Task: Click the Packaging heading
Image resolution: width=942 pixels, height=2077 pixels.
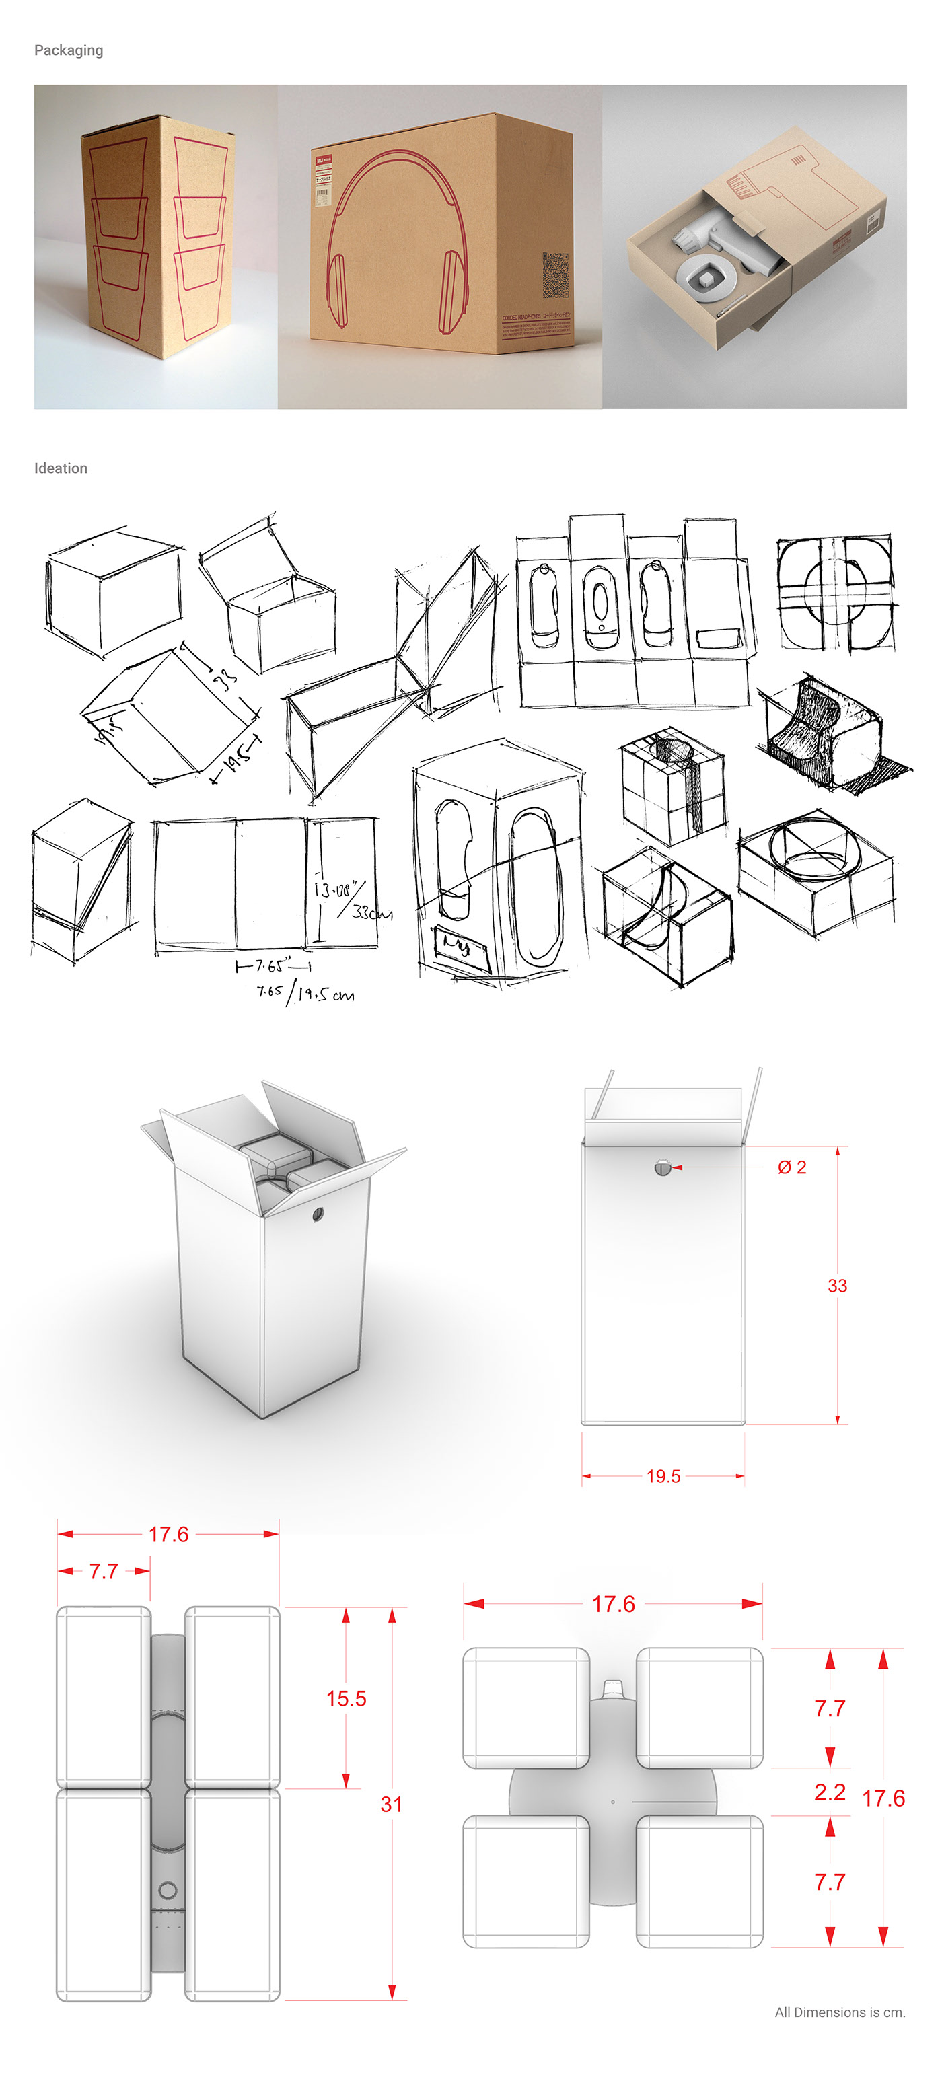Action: pyautogui.click(x=69, y=50)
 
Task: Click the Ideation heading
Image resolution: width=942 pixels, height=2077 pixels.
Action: pyautogui.click(x=61, y=468)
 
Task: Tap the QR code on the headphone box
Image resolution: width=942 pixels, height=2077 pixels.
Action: pyautogui.click(x=555, y=274)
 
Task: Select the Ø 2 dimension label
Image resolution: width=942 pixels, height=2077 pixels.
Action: pyautogui.click(x=791, y=1167)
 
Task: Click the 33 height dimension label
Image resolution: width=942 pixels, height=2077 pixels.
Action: pyautogui.click(x=836, y=1285)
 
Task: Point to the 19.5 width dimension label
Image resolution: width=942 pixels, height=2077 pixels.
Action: pyautogui.click(x=663, y=1475)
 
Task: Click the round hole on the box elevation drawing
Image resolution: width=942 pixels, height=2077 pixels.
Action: pyautogui.click(x=662, y=1167)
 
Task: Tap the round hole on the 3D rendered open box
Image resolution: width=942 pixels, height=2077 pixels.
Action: pyautogui.click(x=317, y=1214)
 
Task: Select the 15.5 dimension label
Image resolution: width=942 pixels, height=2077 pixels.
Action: pyautogui.click(x=346, y=1698)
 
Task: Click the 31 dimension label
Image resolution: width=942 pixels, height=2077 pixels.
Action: pyautogui.click(x=391, y=1804)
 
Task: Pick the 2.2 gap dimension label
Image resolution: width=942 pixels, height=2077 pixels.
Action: pyautogui.click(x=829, y=1792)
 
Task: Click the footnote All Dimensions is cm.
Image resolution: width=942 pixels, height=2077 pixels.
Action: pyautogui.click(x=840, y=2012)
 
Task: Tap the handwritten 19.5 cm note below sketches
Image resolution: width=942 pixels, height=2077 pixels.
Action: pyautogui.click(x=324, y=994)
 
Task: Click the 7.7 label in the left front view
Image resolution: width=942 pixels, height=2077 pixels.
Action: pyautogui.click(x=103, y=1570)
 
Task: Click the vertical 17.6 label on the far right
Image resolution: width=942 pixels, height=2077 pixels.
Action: pyautogui.click(x=883, y=1798)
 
